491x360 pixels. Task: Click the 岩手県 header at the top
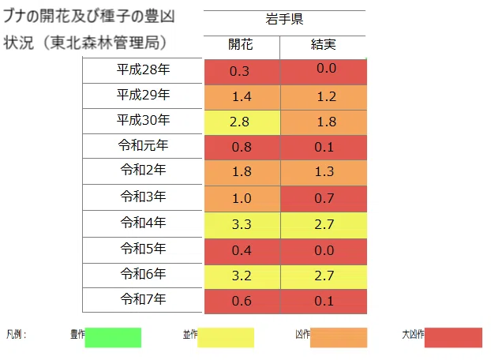tap(284, 19)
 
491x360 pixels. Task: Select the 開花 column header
tap(241, 44)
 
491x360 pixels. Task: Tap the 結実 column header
tap(323, 44)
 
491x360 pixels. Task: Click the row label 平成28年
tap(143, 69)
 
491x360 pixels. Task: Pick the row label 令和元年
tap(143, 145)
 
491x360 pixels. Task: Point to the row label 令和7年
tap(143, 299)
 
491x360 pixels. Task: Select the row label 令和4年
tap(143, 223)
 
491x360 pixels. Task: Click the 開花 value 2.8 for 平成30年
tap(239, 122)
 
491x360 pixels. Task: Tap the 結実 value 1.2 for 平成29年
tap(327, 96)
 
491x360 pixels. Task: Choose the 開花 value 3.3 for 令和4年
tap(242, 224)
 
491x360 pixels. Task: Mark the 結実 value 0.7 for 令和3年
tap(324, 198)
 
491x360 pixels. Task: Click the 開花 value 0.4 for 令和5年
tap(242, 250)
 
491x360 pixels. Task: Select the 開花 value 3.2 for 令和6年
tap(242, 276)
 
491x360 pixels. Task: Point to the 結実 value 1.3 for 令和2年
tap(324, 171)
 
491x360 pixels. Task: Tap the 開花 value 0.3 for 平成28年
tap(239, 71)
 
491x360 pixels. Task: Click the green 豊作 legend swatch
tap(113, 337)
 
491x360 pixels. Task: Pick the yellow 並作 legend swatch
tap(226, 337)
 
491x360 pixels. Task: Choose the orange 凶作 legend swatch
tap(339, 337)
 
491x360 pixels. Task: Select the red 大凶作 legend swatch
tap(453, 337)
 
